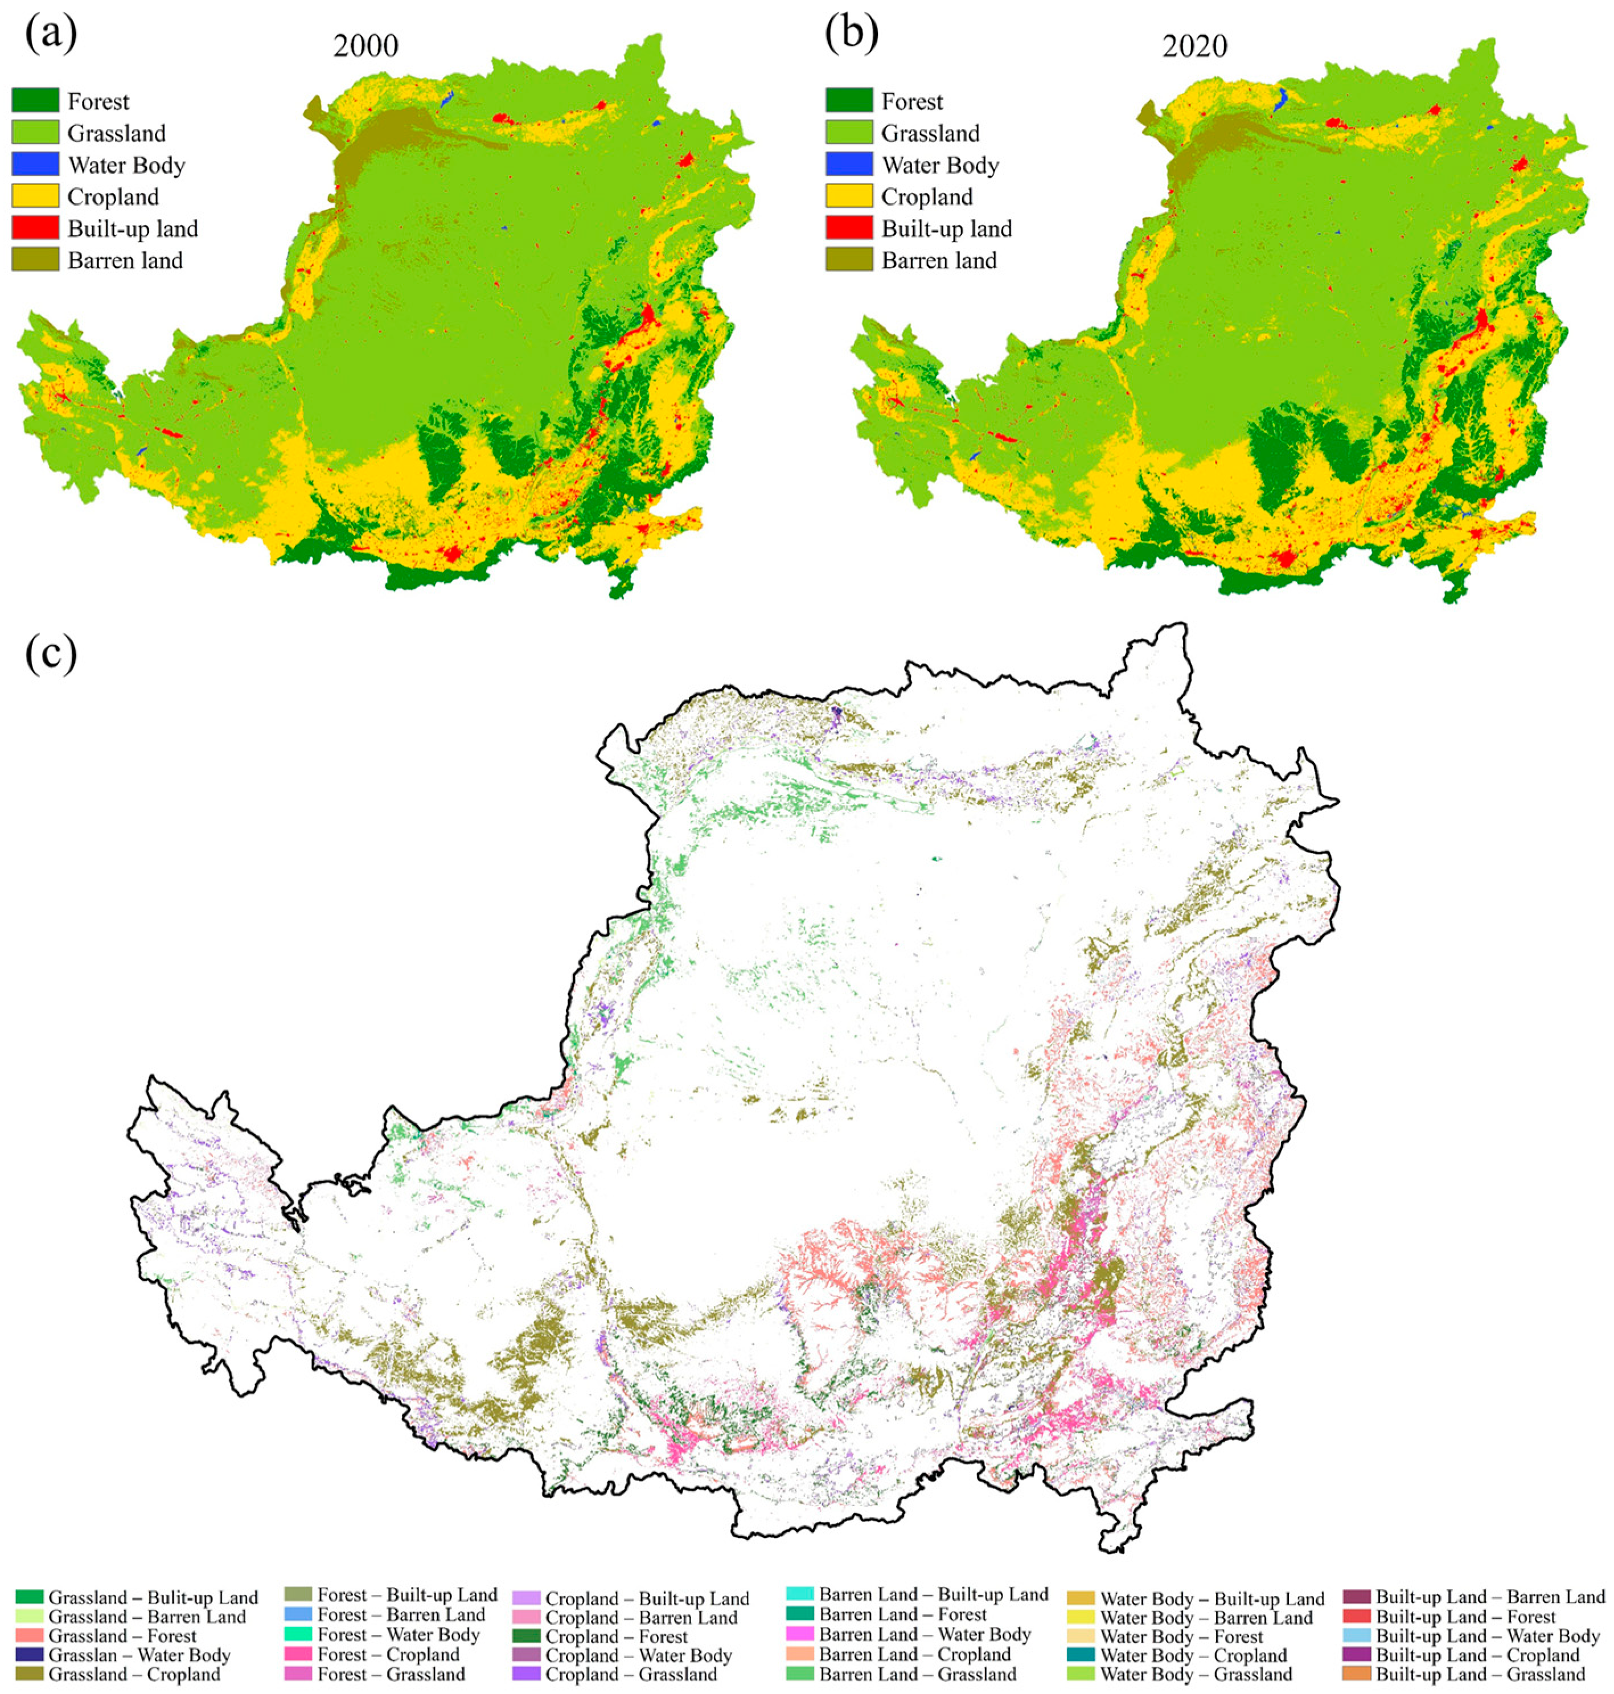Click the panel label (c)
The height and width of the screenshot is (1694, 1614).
point(50,655)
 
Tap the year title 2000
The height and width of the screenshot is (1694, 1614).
point(365,46)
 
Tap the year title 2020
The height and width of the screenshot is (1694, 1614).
point(1194,46)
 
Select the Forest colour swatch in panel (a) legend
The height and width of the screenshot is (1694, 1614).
point(35,101)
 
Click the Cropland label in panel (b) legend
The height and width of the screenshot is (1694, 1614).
point(927,197)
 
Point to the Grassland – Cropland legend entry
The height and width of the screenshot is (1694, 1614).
point(134,1674)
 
